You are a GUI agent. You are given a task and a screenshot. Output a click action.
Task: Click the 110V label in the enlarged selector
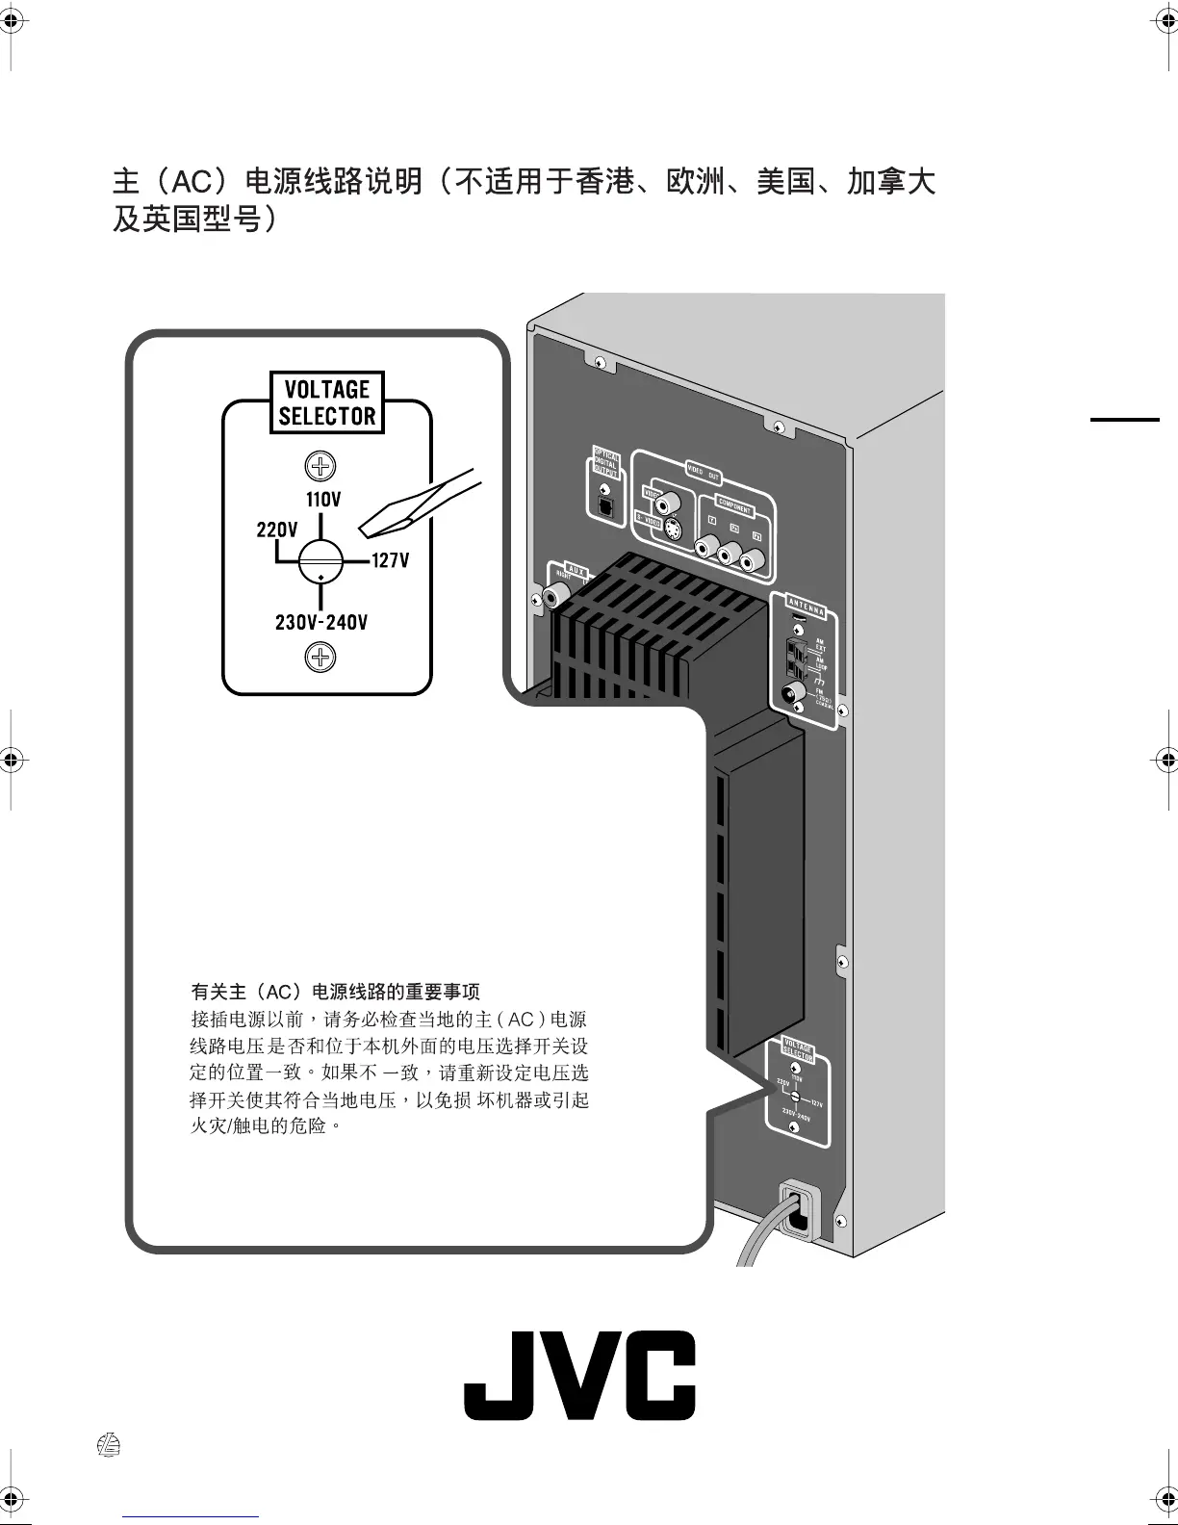[x=323, y=501]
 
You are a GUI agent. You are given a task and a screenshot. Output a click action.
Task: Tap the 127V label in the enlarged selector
[x=391, y=560]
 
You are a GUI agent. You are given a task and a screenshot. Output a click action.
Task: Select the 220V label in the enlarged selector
[x=277, y=530]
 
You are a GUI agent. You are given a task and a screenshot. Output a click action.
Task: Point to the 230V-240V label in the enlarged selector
[x=321, y=622]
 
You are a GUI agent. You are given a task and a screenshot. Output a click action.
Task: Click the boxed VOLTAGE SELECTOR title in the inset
[x=327, y=402]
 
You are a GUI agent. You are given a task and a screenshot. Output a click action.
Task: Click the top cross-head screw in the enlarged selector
[x=320, y=467]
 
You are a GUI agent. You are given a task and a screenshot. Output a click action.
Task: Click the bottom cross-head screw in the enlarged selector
[x=320, y=658]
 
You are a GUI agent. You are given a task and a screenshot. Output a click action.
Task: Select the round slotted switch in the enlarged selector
[x=320, y=561]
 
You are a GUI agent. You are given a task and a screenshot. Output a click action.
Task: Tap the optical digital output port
[x=603, y=504]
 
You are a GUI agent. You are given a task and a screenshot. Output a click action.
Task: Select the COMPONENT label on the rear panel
[x=735, y=504]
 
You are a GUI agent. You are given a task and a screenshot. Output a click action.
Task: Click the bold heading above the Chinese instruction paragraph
[x=336, y=992]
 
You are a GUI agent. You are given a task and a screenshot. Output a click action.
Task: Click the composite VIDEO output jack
[x=668, y=502]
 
